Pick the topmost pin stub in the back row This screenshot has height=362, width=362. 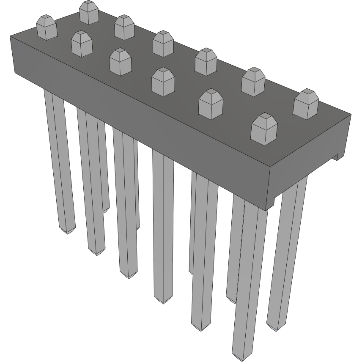coord(89,12)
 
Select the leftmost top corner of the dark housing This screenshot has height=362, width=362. coord(10,37)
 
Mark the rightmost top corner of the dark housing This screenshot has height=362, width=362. coord(351,114)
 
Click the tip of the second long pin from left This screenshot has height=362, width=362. coord(97,253)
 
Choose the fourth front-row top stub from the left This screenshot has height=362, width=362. coord(211,104)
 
